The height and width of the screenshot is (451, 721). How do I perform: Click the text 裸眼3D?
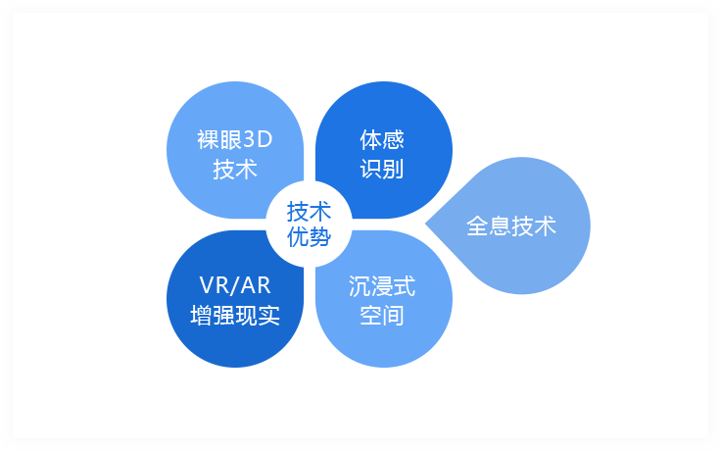235,139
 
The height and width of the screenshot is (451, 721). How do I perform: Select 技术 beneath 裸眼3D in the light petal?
235,170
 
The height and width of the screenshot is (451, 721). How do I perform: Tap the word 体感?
382,140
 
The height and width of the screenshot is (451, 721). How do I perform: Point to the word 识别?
382,170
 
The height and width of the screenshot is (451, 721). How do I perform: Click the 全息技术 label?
511,225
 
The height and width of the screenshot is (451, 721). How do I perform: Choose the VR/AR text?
235,285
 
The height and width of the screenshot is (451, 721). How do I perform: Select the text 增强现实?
235,316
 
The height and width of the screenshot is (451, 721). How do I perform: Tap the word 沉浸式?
382,286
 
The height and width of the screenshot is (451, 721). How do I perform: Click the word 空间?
382,316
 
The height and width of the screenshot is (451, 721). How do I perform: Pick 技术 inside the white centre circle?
309,212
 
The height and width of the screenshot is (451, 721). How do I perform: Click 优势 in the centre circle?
309,237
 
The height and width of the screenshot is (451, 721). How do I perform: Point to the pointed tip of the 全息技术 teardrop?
426,225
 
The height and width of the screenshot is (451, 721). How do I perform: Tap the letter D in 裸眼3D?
264,140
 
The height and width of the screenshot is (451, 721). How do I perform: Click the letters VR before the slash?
216,285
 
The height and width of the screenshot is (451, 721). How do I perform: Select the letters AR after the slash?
256,285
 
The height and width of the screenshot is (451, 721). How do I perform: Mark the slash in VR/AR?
235,285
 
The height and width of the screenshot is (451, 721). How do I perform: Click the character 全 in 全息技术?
478,225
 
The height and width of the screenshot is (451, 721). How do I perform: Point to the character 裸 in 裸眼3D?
209,140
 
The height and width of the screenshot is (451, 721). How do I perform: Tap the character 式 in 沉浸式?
405,286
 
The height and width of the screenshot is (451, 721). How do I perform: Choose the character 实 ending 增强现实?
269,316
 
